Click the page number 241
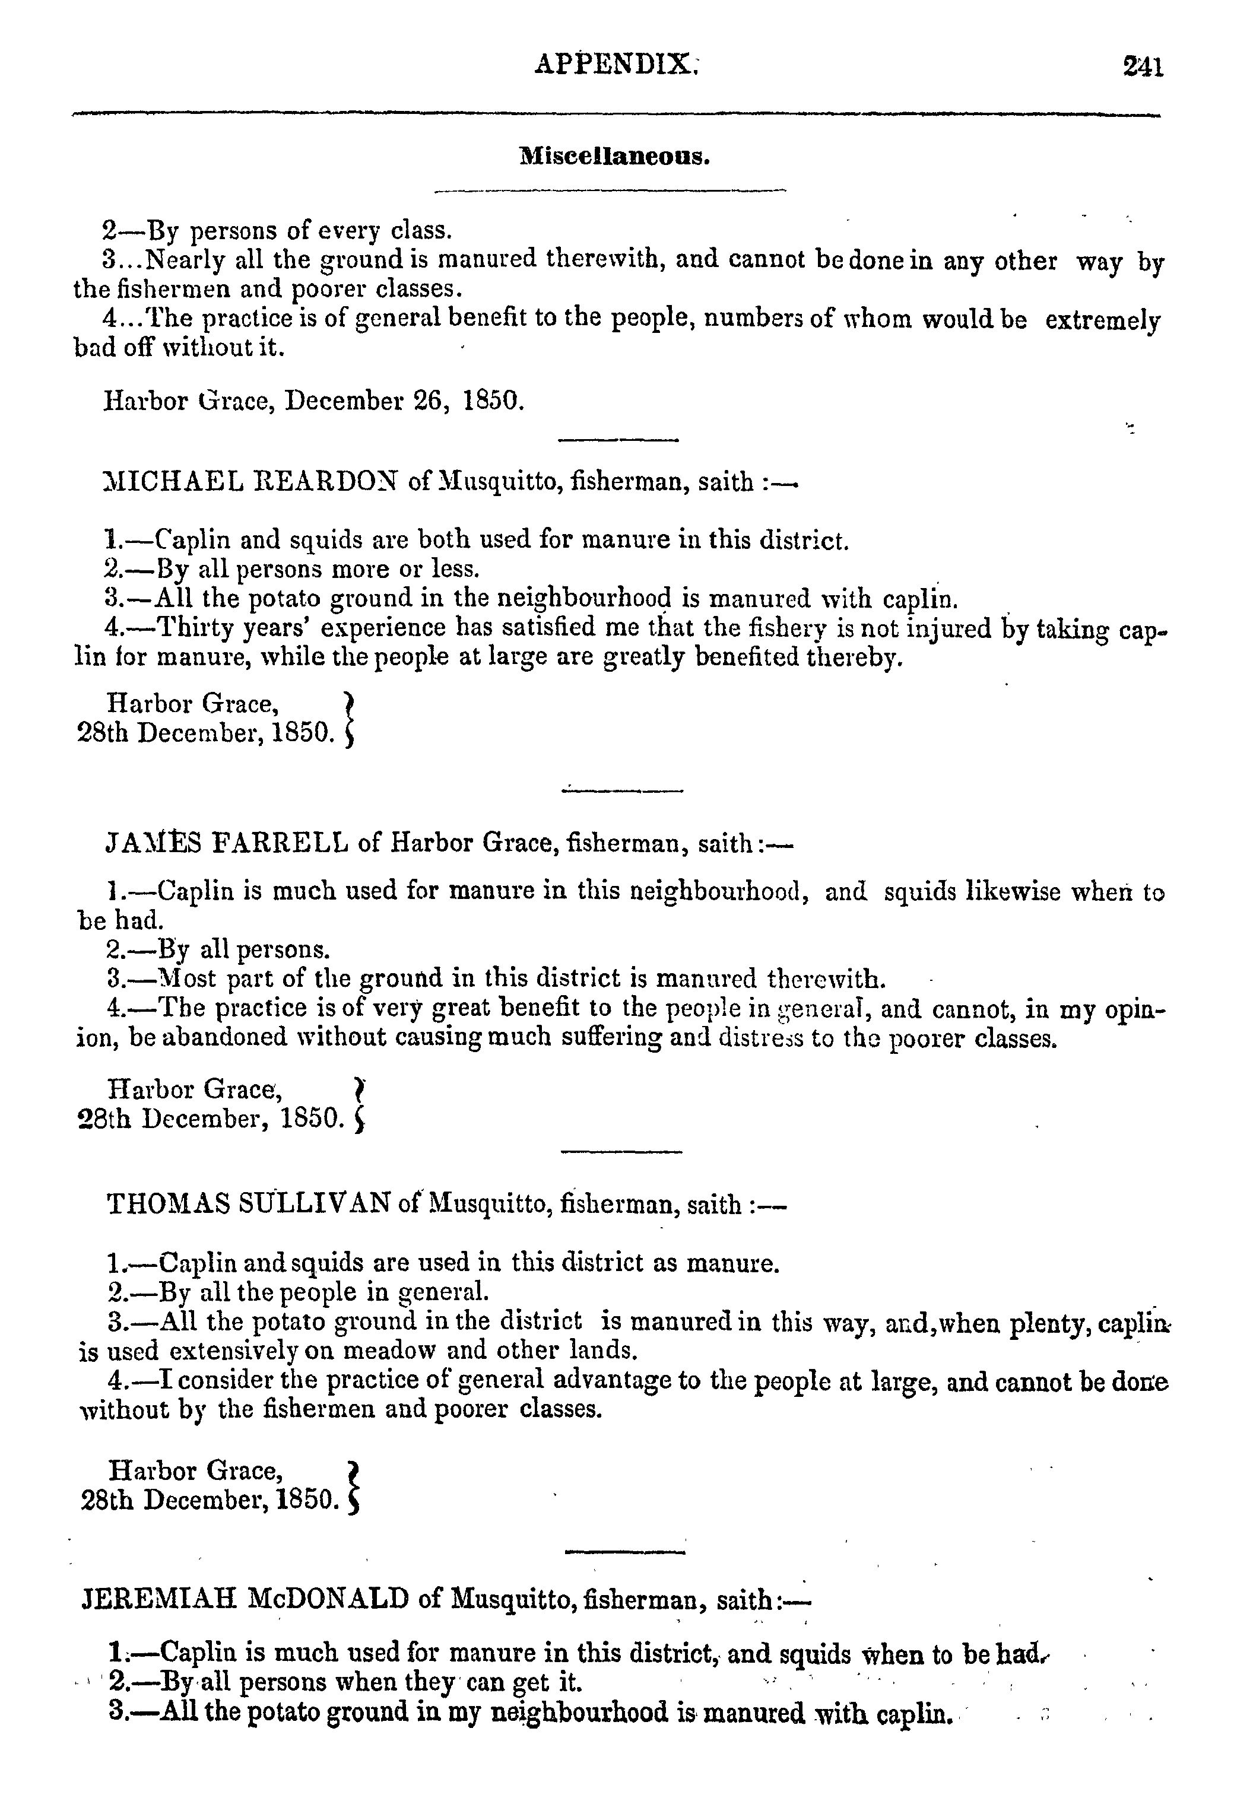(x=1143, y=66)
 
